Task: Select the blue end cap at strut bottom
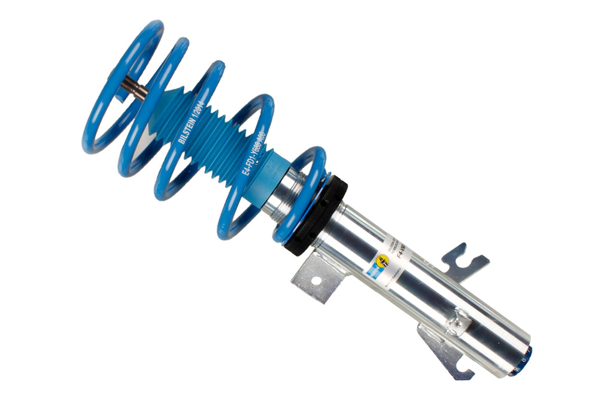(x=521, y=362)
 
